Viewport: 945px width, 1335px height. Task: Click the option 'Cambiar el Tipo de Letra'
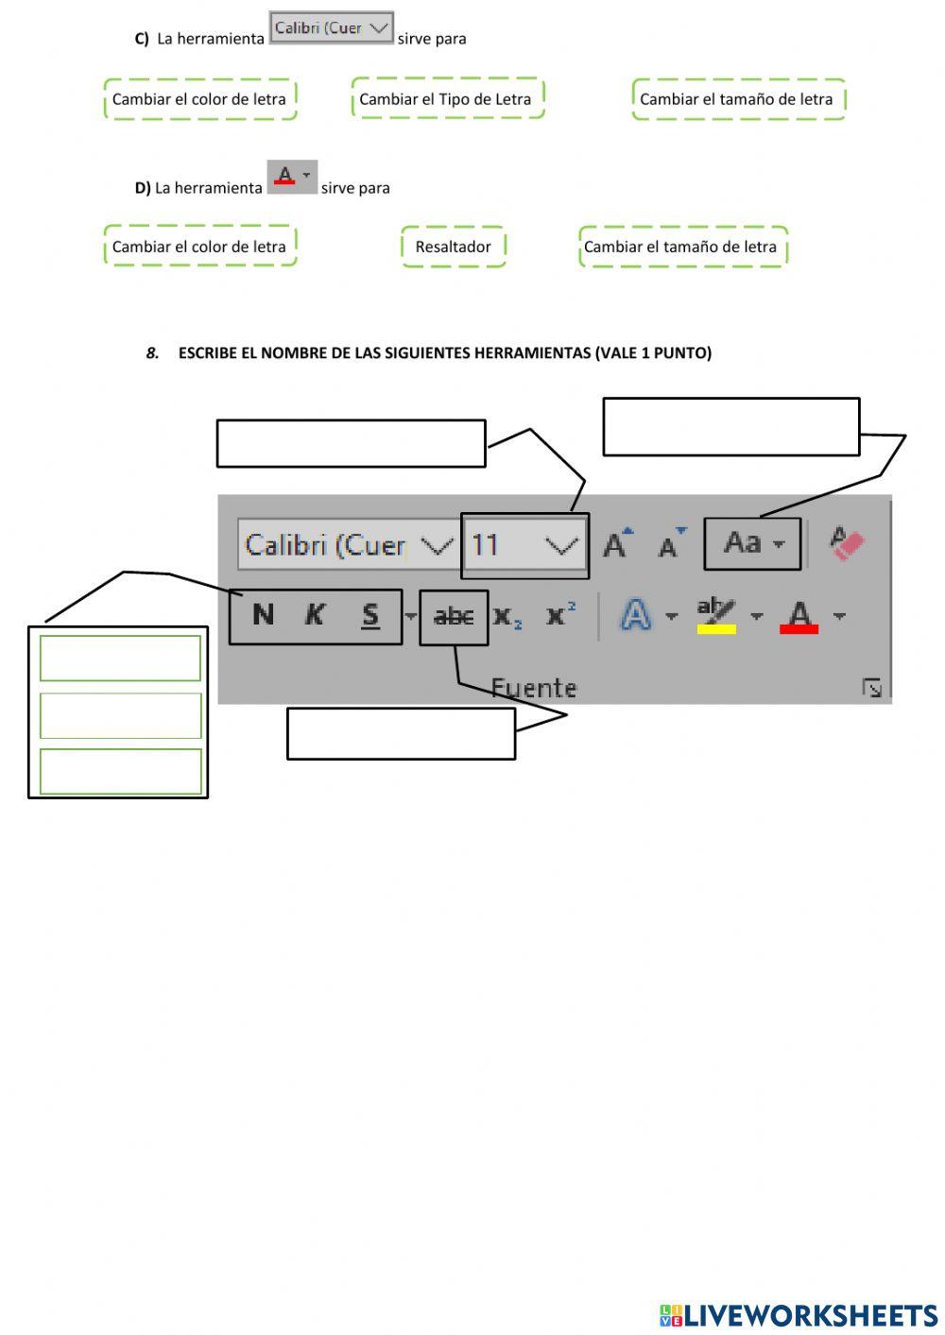point(446,99)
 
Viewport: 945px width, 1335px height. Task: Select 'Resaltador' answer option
point(453,247)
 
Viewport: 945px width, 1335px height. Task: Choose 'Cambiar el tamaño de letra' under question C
point(737,99)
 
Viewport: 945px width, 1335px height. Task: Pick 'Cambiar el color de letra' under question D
point(199,247)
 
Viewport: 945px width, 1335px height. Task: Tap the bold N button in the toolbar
point(263,616)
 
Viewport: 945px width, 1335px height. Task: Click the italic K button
point(314,616)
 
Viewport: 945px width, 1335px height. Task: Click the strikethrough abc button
point(454,617)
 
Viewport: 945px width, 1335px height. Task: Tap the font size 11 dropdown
point(524,545)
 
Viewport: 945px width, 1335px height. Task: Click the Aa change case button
point(752,543)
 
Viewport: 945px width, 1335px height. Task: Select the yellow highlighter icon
point(716,616)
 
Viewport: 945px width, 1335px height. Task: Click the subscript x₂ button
point(507,617)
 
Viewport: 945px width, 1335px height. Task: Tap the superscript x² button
point(560,615)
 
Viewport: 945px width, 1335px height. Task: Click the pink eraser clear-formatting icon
point(847,543)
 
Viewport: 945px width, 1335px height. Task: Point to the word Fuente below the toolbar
point(534,688)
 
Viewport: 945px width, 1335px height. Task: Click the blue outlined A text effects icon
point(636,616)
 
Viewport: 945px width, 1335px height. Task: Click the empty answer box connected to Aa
point(730,427)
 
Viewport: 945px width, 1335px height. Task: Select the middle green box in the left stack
point(120,715)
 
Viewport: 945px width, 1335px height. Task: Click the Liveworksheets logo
point(799,1315)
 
